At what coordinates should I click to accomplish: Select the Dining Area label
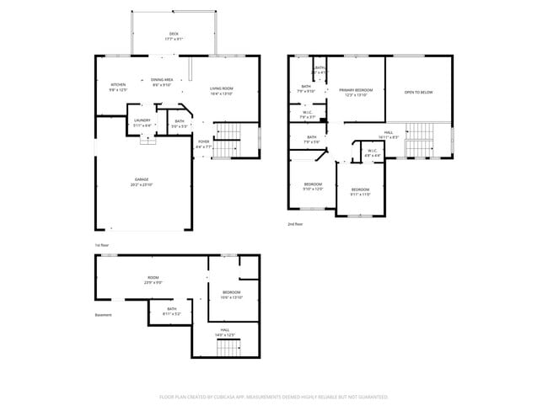(162, 83)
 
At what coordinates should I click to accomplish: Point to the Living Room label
(222, 91)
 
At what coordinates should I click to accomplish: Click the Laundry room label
(142, 122)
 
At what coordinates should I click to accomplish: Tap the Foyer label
(203, 143)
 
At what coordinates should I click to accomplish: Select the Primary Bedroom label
(357, 92)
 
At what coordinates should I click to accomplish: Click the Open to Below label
(419, 93)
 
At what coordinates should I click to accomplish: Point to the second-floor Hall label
(389, 135)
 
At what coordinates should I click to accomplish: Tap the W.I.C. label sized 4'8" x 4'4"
(372, 153)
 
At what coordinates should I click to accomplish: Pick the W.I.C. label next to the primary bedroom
(309, 115)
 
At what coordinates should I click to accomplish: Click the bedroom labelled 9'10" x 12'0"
(313, 186)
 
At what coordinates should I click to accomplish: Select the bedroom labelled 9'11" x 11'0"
(360, 191)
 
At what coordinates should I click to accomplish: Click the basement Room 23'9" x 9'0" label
(153, 280)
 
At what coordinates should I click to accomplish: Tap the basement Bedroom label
(231, 295)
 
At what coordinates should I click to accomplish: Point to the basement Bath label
(172, 311)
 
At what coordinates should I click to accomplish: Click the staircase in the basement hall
(228, 345)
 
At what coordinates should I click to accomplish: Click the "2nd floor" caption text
(295, 224)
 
